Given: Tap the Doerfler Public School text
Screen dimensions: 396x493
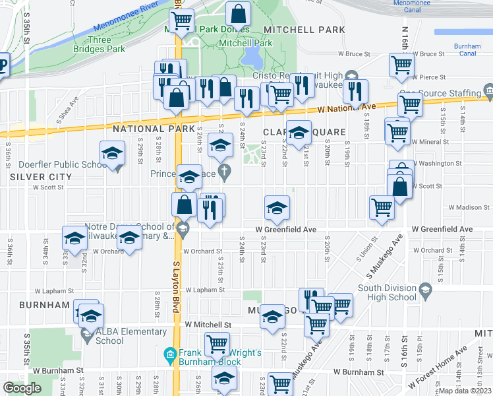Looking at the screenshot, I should point(53,164).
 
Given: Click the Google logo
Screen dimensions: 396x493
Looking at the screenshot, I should point(22,388).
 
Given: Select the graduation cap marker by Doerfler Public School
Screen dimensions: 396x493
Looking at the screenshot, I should point(113,154).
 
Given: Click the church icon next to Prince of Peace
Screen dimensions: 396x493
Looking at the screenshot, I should point(225,174).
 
